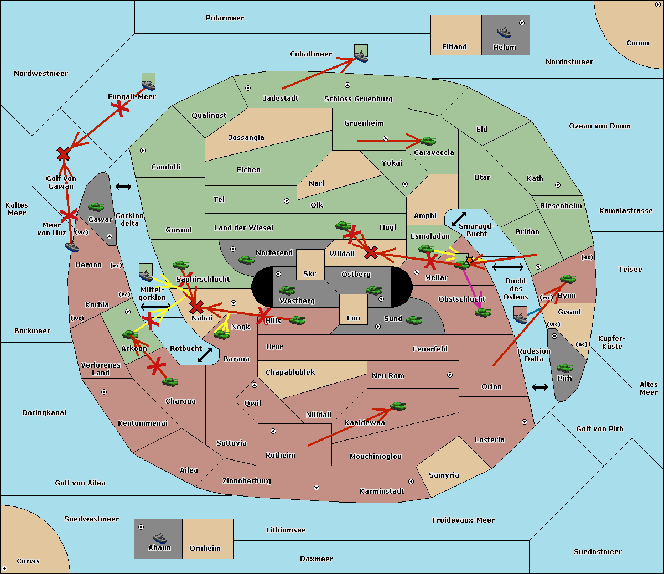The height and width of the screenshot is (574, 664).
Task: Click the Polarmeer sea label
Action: point(225,18)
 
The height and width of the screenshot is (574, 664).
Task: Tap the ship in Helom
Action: point(504,32)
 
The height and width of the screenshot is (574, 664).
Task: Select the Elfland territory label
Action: point(454,47)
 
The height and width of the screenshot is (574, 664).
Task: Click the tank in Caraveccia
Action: point(428,141)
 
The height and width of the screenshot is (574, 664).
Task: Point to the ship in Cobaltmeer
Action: point(361,56)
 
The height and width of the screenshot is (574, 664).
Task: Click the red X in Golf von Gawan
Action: point(64,154)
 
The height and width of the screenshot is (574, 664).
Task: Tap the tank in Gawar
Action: point(96,207)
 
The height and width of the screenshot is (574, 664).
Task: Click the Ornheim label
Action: point(205,549)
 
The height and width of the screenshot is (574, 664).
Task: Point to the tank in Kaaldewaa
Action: point(398,407)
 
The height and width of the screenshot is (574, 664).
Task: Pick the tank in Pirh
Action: point(564,368)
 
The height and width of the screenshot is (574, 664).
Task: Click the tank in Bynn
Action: point(568,279)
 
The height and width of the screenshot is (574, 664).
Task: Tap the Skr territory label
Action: point(309,274)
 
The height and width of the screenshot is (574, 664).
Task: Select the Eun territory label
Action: point(353,318)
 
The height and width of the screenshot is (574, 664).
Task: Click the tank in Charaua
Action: point(170,382)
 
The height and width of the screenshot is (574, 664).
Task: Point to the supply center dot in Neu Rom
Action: point(450,375)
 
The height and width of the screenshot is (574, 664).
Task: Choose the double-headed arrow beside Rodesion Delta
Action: point(540,387)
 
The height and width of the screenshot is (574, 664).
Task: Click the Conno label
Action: point(637,43)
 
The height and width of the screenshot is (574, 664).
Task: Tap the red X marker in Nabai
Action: point(196,307)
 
